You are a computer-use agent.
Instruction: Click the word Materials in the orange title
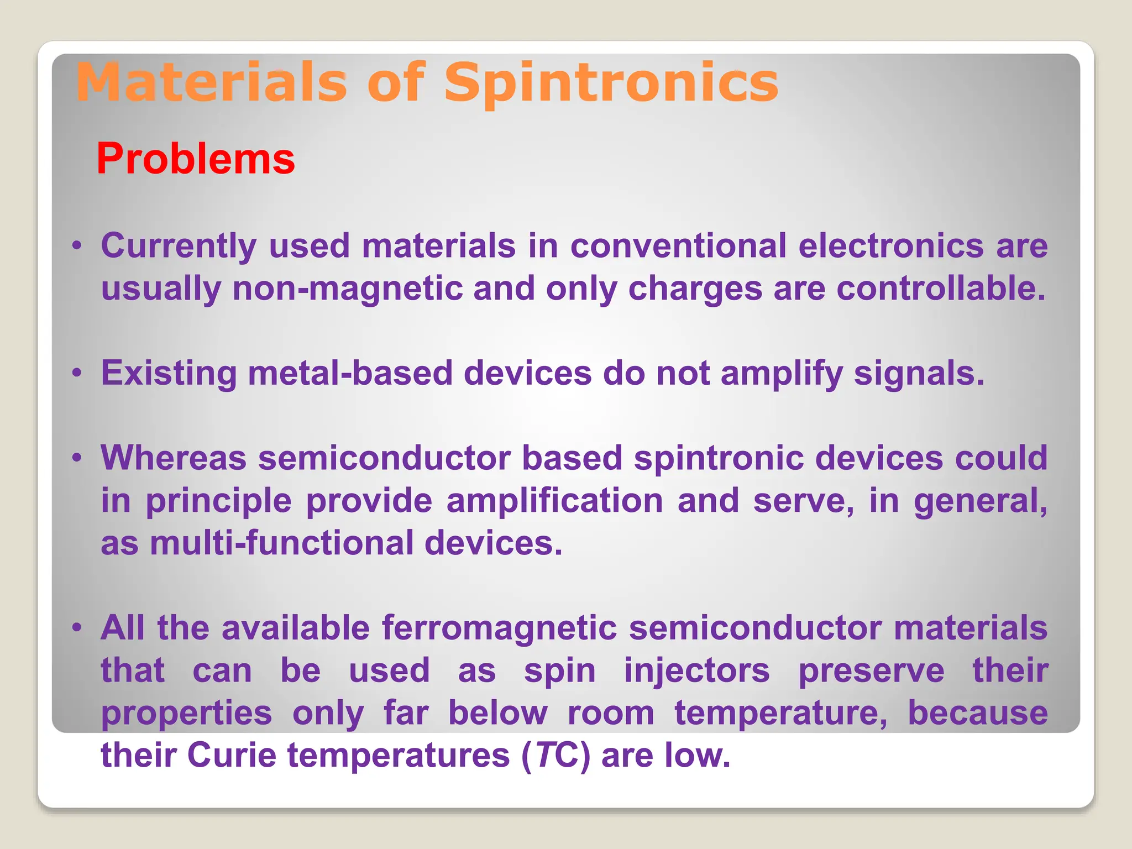(x=211, y=83)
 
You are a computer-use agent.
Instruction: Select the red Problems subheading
(x=196, y=159)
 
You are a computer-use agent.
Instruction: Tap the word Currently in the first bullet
(x=179, y=246)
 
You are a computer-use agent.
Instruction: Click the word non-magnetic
(x=347, y=289)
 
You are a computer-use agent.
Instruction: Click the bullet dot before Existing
(x=77, y=373)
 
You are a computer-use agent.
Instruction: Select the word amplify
(x=781, y=374)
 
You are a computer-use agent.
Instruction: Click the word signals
(x=919, y=374)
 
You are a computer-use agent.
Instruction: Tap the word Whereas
(x=174, y=458)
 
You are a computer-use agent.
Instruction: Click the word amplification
(x=554, y=501)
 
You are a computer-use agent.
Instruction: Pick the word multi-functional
(x=281, y=543)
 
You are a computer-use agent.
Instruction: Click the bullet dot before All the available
(x=77, y=627)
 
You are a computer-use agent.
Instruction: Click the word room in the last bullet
(x=611, y=713)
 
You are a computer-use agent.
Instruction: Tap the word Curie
(x=232, y=756)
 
